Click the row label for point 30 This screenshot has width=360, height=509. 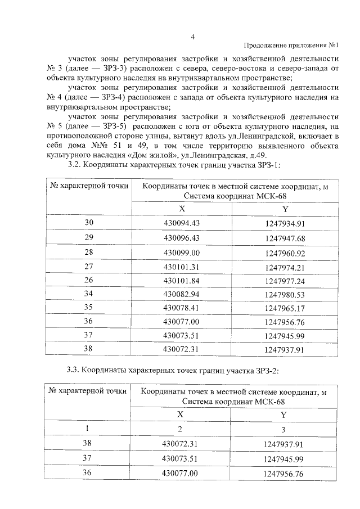tap(88, 223)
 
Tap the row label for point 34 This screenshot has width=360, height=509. tap(88, 294)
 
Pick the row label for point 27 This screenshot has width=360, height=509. tap(88, 267)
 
